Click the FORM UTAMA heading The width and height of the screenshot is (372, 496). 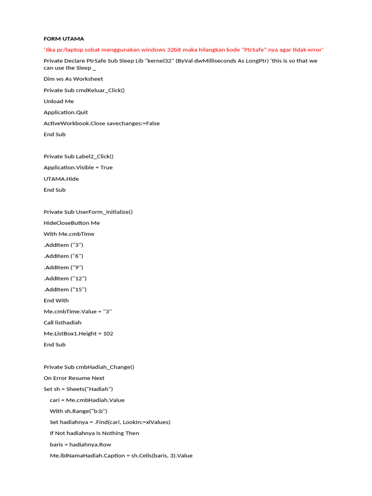63,39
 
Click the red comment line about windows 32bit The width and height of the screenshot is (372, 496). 183,50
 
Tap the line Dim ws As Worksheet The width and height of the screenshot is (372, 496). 73,79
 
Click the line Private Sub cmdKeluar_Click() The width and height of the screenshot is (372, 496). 84,90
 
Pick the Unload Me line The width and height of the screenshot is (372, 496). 59,101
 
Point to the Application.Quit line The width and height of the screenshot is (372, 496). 66,112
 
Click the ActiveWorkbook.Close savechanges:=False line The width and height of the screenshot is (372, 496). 101,124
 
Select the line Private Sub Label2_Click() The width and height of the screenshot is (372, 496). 78,156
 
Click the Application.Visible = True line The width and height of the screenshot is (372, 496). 78,168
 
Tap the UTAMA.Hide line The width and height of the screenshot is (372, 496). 61,179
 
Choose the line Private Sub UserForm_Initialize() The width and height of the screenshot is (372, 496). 88,212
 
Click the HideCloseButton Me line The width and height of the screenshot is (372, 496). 72,223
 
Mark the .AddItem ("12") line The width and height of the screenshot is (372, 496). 65,279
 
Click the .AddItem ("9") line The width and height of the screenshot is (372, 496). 63,267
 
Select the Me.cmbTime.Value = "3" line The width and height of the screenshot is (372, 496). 77,311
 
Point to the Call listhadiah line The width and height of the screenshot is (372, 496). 62,323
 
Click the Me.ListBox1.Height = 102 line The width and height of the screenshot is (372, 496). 78,334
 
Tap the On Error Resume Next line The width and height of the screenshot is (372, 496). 74,378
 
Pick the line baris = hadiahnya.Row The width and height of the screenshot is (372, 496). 80,444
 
